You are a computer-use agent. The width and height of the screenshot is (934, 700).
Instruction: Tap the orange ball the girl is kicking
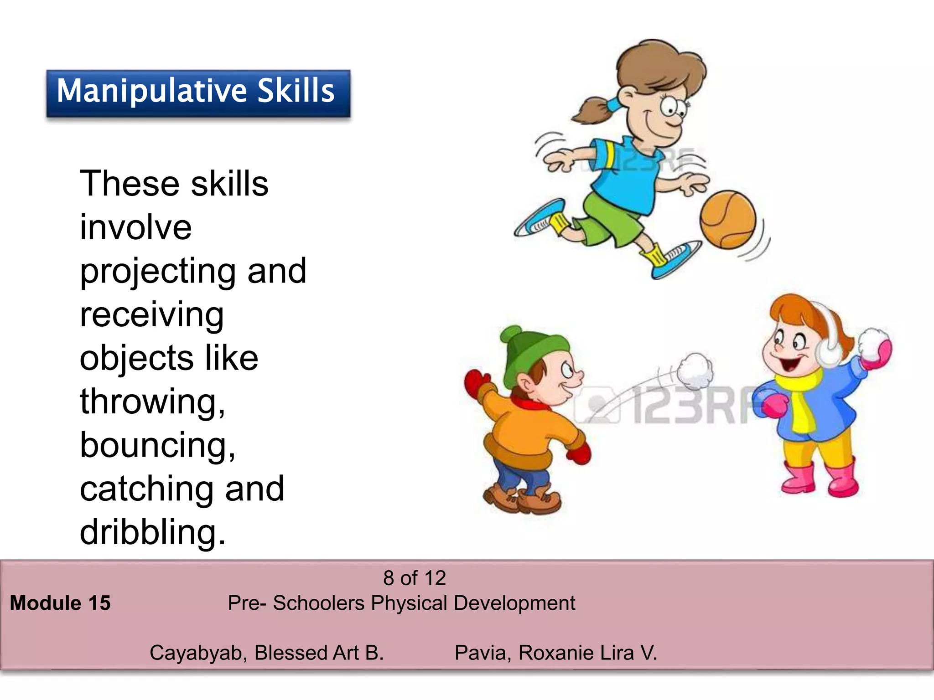(728, 220)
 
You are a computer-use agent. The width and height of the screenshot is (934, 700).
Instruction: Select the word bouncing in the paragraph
(157, 445)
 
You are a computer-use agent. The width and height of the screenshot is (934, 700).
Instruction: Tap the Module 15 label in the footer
(60, 603)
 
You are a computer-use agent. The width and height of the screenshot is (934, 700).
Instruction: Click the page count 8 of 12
(414, 578)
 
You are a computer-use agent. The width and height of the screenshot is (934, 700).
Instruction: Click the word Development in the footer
(514, 603)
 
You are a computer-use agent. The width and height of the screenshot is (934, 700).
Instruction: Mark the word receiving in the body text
(151, 314)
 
